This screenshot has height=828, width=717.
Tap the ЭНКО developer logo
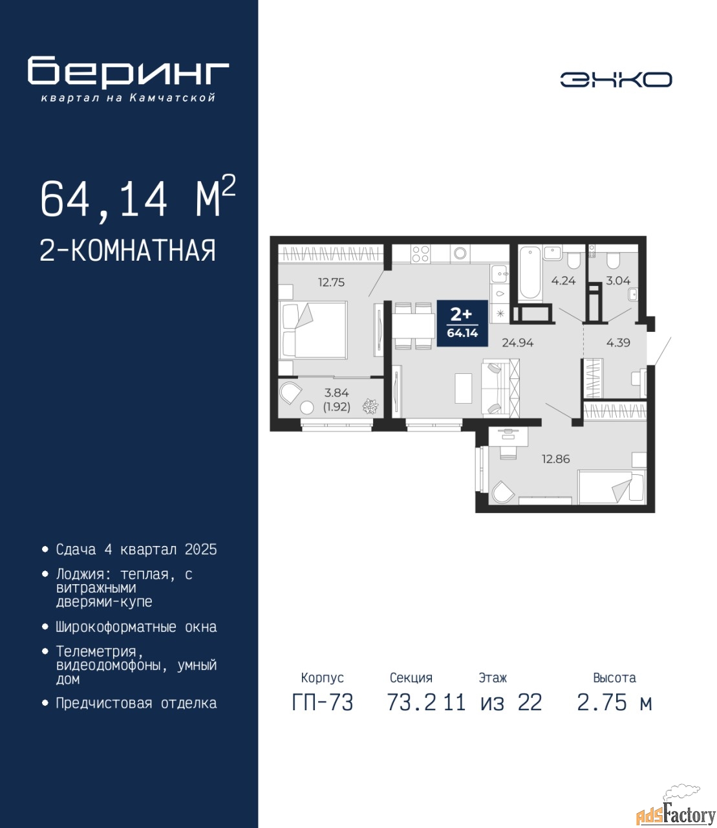[x=615, y=80]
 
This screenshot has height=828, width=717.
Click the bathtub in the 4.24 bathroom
[x=530, y=273]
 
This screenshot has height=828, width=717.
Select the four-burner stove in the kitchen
[x=421, y=254]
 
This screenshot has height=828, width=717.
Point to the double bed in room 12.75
[x=313, y=329]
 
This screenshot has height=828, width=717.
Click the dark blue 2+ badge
[x=462, y=323]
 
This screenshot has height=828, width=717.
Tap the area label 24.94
[x=518, y=342]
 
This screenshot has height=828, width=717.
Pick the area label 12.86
[x=555, y=459]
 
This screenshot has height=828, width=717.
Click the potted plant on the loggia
[x=370, y=407]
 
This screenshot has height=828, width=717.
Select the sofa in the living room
[x=500, y=387]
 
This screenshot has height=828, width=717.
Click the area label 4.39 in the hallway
[x=618, y=342]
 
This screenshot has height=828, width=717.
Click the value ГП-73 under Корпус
[x=323, y=703]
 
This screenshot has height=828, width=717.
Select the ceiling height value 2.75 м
[x=614, y=703]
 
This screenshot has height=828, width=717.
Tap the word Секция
[x=411, y=678]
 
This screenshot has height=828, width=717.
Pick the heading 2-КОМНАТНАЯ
[x=128, y=250]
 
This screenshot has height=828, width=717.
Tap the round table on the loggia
[x=307, y=408]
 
